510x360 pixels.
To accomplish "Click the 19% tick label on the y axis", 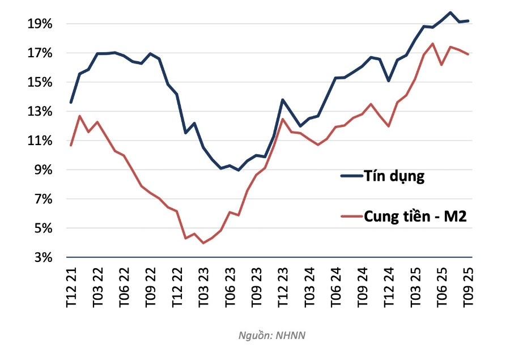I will click(x=38, y=24).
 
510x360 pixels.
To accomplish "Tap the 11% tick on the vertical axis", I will click(x=38, y=141).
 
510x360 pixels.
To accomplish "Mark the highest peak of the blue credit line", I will click(x=450, y=12).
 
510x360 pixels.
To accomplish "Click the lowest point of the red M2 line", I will click(x=203, y=243).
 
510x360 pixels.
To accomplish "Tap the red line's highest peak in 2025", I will click(x=432, y=44).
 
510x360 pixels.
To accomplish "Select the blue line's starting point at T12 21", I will click(x=71, y=102).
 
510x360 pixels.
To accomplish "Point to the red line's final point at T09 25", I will click(x=468, y=54).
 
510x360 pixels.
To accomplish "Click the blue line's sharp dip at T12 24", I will click(x=388, y=81).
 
